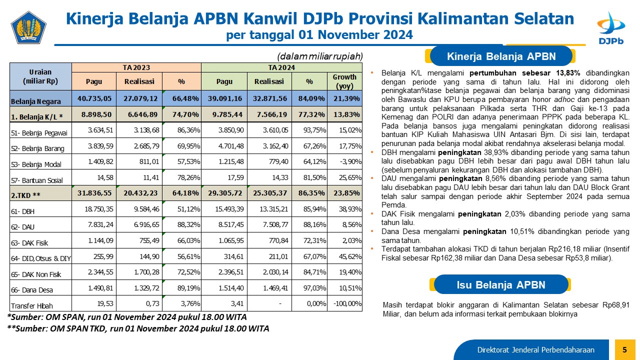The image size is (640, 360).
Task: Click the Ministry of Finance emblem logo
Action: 28,27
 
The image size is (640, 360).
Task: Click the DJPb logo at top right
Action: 611,28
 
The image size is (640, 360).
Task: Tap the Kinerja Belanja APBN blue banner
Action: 501,56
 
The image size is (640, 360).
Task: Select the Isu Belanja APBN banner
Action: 501,284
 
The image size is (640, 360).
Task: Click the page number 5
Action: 624,349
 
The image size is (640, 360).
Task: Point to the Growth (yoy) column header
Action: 344,81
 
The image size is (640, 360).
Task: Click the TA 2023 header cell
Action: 136,67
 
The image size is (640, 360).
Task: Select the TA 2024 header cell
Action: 281,67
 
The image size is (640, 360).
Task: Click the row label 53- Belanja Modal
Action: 36,164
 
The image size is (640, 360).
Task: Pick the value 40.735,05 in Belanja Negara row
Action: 94,98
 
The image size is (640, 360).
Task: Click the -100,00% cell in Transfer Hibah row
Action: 347,303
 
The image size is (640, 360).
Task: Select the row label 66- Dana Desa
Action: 32,290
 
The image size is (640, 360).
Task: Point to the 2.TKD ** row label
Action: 25,195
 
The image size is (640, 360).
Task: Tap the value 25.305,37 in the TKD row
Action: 269,193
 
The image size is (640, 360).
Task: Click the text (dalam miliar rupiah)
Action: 319,56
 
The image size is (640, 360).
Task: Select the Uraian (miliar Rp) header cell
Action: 40,76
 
